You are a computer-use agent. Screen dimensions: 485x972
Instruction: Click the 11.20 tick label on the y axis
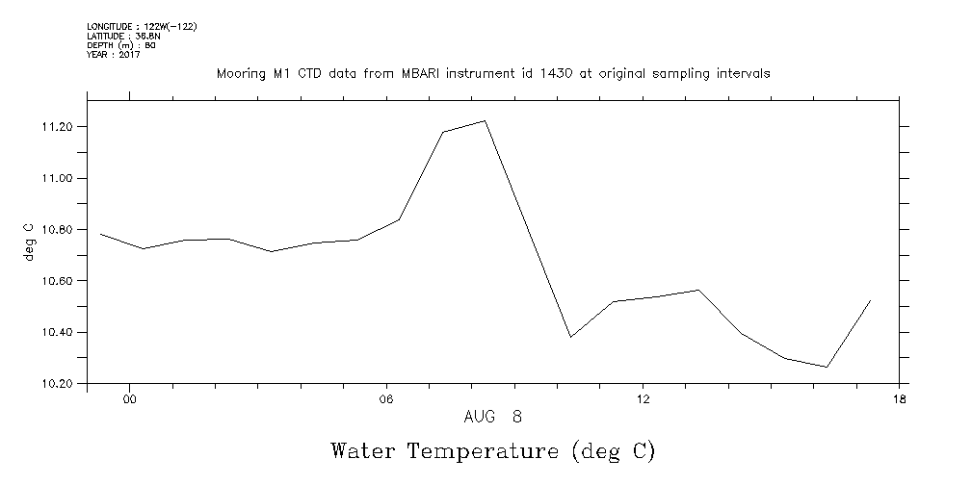point(60,127)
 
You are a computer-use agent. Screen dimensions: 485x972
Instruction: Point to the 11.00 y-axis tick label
point(60,179)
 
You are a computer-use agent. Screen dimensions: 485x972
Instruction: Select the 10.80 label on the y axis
point(60,230)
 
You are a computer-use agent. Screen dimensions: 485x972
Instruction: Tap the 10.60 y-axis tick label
point(60,281)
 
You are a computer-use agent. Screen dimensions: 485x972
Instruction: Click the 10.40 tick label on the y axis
point(60,333)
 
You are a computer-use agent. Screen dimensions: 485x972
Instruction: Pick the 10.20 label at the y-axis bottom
point(60,384)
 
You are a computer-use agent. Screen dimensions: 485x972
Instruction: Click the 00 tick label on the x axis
point(129,400)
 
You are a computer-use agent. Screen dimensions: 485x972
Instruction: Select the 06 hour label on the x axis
point(385,400)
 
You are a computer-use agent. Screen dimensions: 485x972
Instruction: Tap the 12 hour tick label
point(643,400)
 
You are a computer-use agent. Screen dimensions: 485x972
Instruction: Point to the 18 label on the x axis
point(899,400)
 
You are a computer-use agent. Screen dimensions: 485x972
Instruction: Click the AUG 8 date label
point(492,418)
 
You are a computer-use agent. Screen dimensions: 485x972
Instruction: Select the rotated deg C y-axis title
point(28,242)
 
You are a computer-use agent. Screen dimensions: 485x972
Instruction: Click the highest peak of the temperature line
point(485,120)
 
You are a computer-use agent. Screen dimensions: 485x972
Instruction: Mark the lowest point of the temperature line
point(827,367)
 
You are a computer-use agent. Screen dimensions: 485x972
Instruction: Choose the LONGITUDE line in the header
point(142,27)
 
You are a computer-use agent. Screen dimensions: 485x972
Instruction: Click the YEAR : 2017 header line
point(114,55)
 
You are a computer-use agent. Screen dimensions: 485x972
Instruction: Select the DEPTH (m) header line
point(121,45)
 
